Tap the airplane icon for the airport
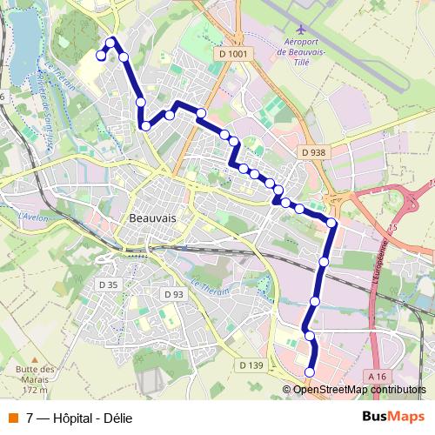point(301,27)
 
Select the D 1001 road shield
point(234,54)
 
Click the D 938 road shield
point(313,152)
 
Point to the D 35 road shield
point(108,284)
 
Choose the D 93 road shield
point(173,294)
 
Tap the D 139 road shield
point(250,365)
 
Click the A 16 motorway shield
point(377,376)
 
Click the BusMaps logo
point(395,418)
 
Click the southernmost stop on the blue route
point(310,372)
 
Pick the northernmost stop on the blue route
point(110,40)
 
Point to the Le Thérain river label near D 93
point(210,288)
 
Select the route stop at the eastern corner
point(331,223)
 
